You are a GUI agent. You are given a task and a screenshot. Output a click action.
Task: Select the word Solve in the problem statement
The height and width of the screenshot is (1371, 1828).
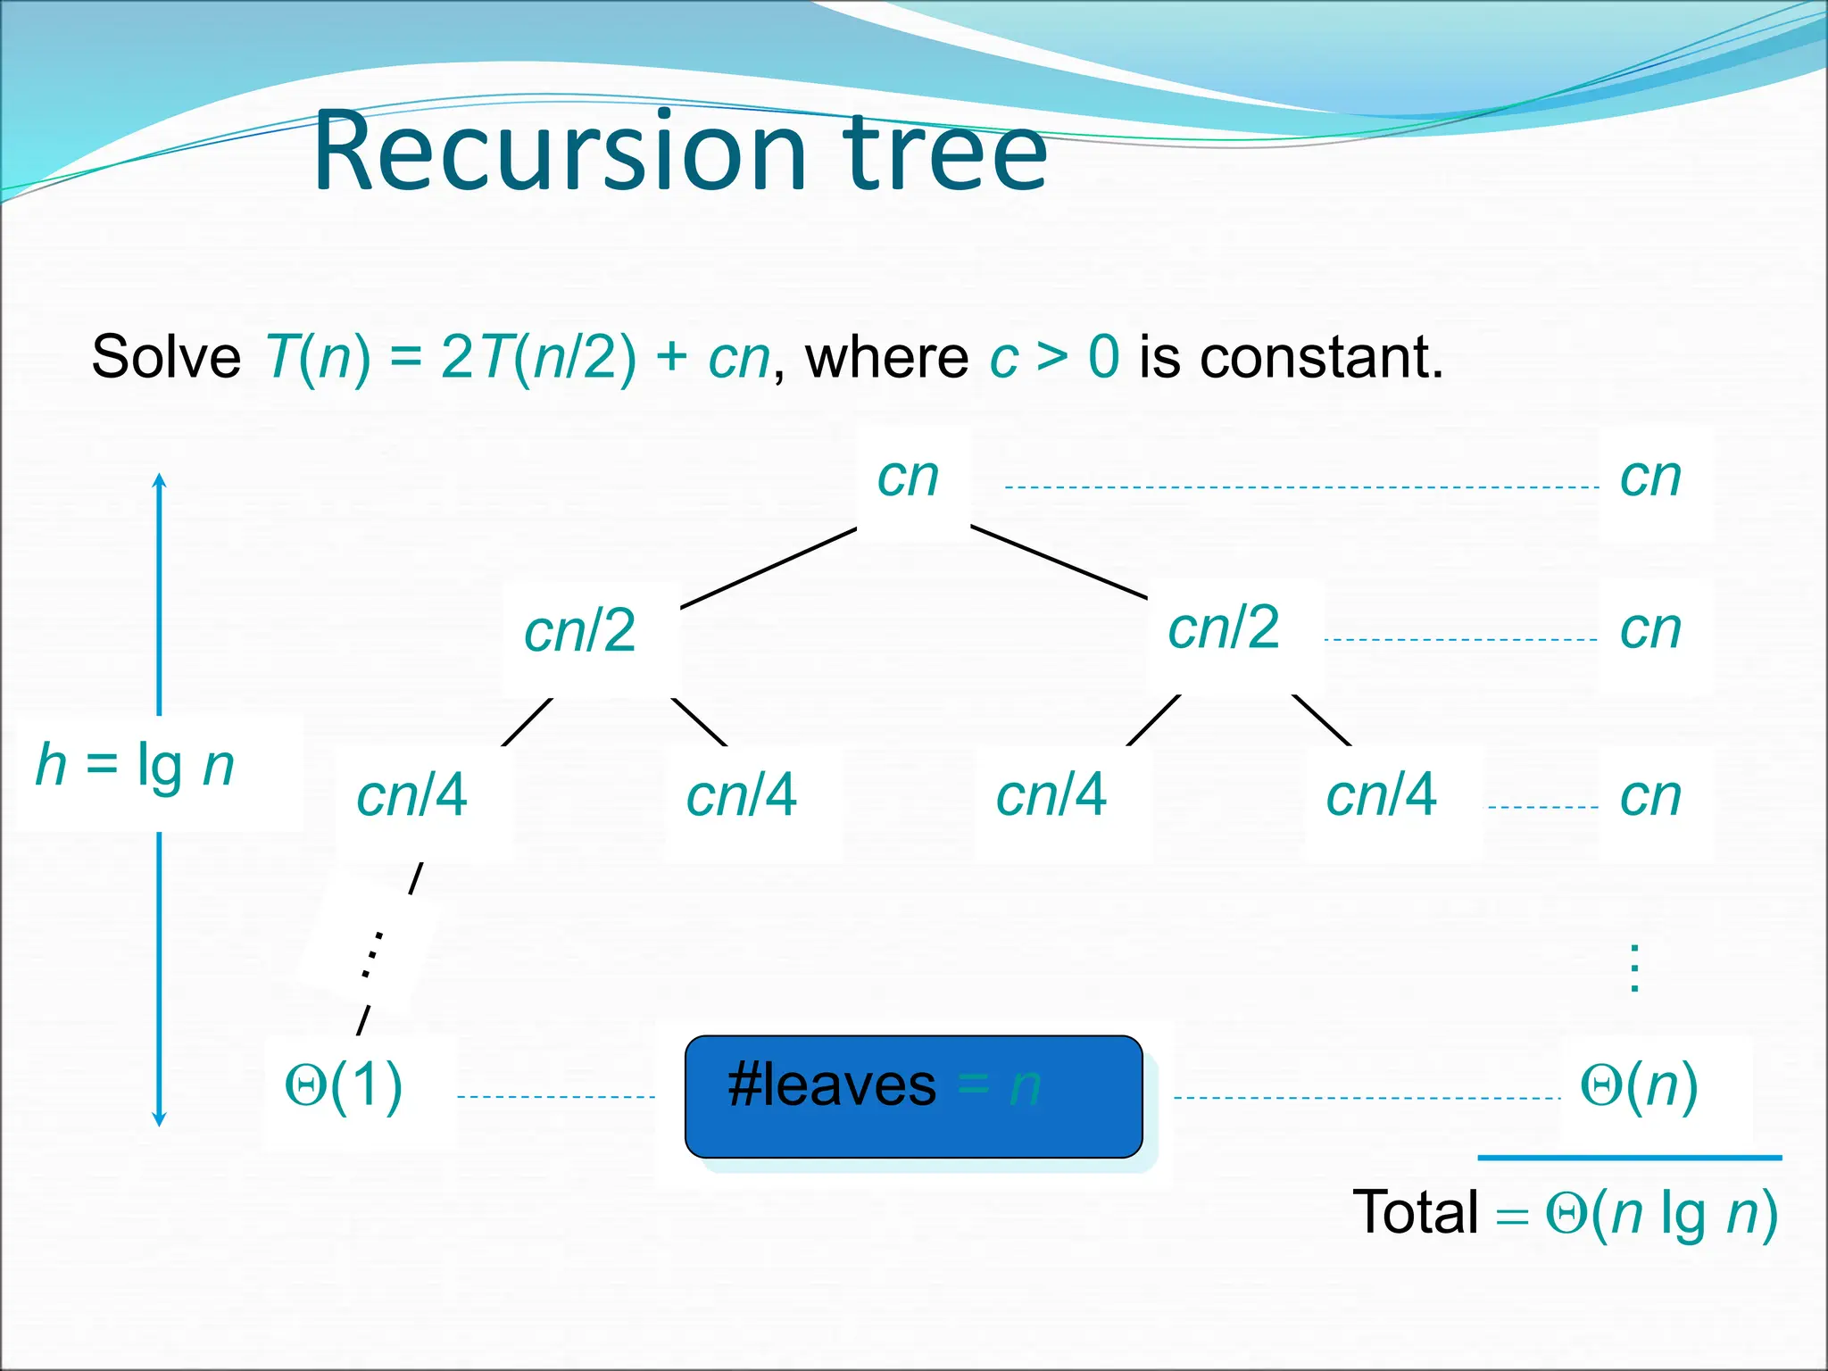pos(166,357)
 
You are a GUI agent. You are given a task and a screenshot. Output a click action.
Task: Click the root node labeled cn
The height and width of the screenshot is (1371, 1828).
pos(909,478)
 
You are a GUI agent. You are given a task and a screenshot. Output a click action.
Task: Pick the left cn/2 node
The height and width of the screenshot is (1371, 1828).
pos(580,631)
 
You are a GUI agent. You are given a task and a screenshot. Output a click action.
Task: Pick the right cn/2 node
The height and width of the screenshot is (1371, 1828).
pos(1225,628)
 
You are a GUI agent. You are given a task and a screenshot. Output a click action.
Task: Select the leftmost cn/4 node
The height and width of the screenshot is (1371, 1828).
pos(411,795)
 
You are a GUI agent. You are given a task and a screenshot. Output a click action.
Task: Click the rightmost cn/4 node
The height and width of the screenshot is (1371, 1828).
pos(1382,795)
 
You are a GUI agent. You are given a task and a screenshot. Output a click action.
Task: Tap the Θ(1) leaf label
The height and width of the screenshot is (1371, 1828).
pos(344,1087)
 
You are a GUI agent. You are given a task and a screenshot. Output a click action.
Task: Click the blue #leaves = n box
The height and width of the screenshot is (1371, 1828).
pos(913,1096)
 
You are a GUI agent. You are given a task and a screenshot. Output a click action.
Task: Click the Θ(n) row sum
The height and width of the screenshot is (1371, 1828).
pos(1639,1087)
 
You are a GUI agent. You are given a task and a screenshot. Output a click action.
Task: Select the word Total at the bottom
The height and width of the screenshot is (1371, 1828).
pos(1416,1214)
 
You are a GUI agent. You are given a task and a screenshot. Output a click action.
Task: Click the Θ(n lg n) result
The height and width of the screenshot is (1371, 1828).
pos(1662,1214)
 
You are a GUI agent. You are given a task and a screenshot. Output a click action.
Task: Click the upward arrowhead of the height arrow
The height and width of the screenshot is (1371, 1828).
pos(160,480)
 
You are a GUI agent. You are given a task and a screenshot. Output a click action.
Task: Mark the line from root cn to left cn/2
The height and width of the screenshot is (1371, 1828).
pos(769,569)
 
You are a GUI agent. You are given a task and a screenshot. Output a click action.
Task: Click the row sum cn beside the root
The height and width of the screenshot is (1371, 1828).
pos(1651,478)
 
